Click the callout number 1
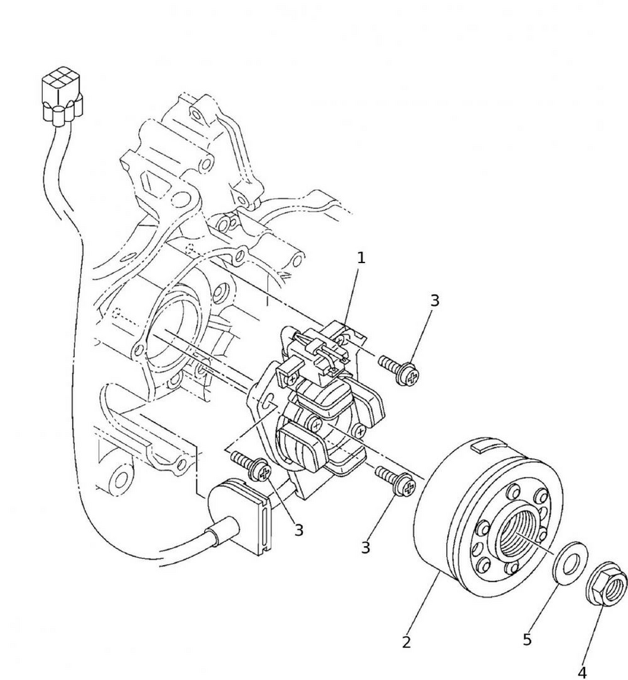(361, 258)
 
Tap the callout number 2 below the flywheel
(406, 642)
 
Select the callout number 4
(582, 672)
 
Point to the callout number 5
(527, 639)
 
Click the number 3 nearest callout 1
(435, 300)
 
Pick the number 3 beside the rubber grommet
(299, 530)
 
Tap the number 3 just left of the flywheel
(365, 547)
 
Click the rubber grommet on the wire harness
(245, 515)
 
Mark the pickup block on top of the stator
(316, 351)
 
